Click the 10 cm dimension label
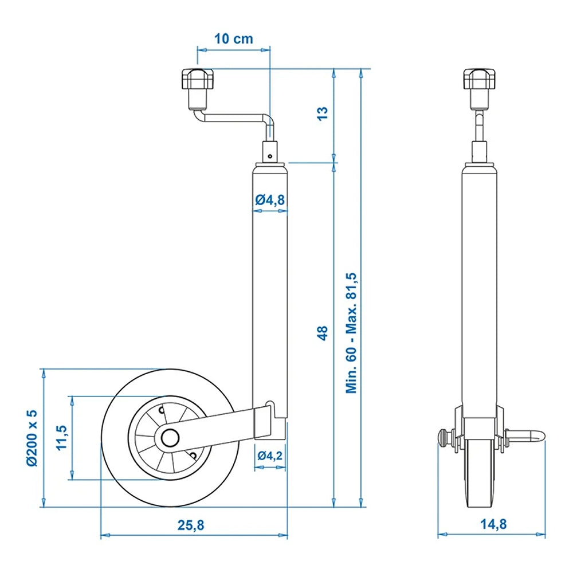coord(233,39)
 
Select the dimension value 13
coord(322,113)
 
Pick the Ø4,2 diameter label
coord(269,456)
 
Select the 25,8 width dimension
coord(193,524)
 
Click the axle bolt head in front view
coord(444,439)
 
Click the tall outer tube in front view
coord(479,286)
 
